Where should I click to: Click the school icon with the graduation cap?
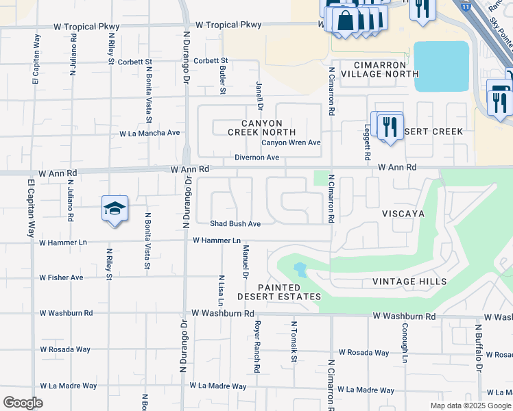pos(115,209)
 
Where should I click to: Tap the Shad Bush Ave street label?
pos(235,223)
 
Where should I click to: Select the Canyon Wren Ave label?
pos(291,143)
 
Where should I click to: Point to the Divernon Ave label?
pos(256,158)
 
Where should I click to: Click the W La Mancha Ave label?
pos(150,134)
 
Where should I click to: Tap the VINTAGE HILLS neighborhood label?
pos(409,282)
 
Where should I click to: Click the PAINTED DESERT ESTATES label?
pos(279,292)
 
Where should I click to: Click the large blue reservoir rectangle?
pos(442,66)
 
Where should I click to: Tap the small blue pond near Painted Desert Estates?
pos(300,269)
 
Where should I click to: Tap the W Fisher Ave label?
pos(61,277)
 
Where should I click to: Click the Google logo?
pos(23,403)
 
